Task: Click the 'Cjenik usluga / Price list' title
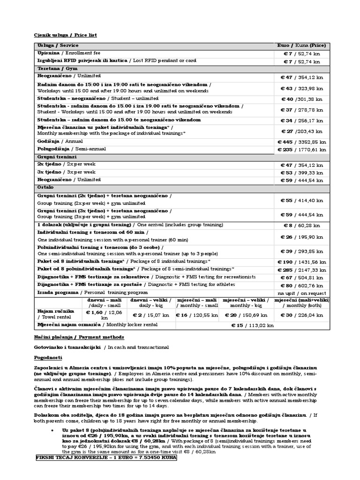pyautogui.click(x=66, y=35)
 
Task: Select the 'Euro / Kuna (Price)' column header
pyautogui.click(x=302, y=45)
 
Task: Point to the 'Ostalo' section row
pyautogui.click(x=45, y=187)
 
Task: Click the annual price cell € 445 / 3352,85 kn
pyautogui.click(x=302, y=142)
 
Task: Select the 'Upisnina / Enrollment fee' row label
pyautogui.click(x=68, y=53)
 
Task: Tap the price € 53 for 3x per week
pyautogui.click(x=302, y=172)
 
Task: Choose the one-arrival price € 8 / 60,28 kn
pyautogui.click(x=302, y=225)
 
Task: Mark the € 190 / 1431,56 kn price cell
pyautogui.click(x=302, y=262)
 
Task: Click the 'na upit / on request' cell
pyautogui.click(x=302, y=292)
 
